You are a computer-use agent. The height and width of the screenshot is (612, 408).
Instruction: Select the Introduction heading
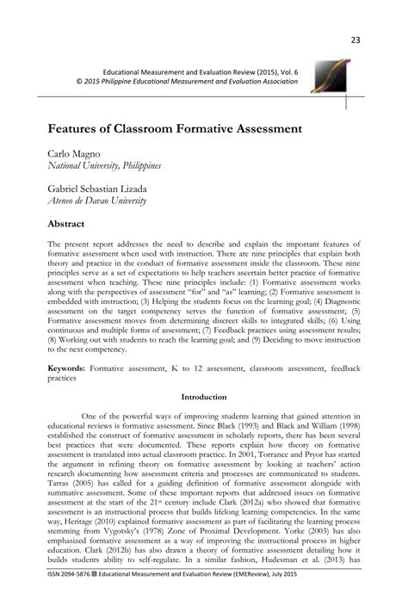(203, 397)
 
